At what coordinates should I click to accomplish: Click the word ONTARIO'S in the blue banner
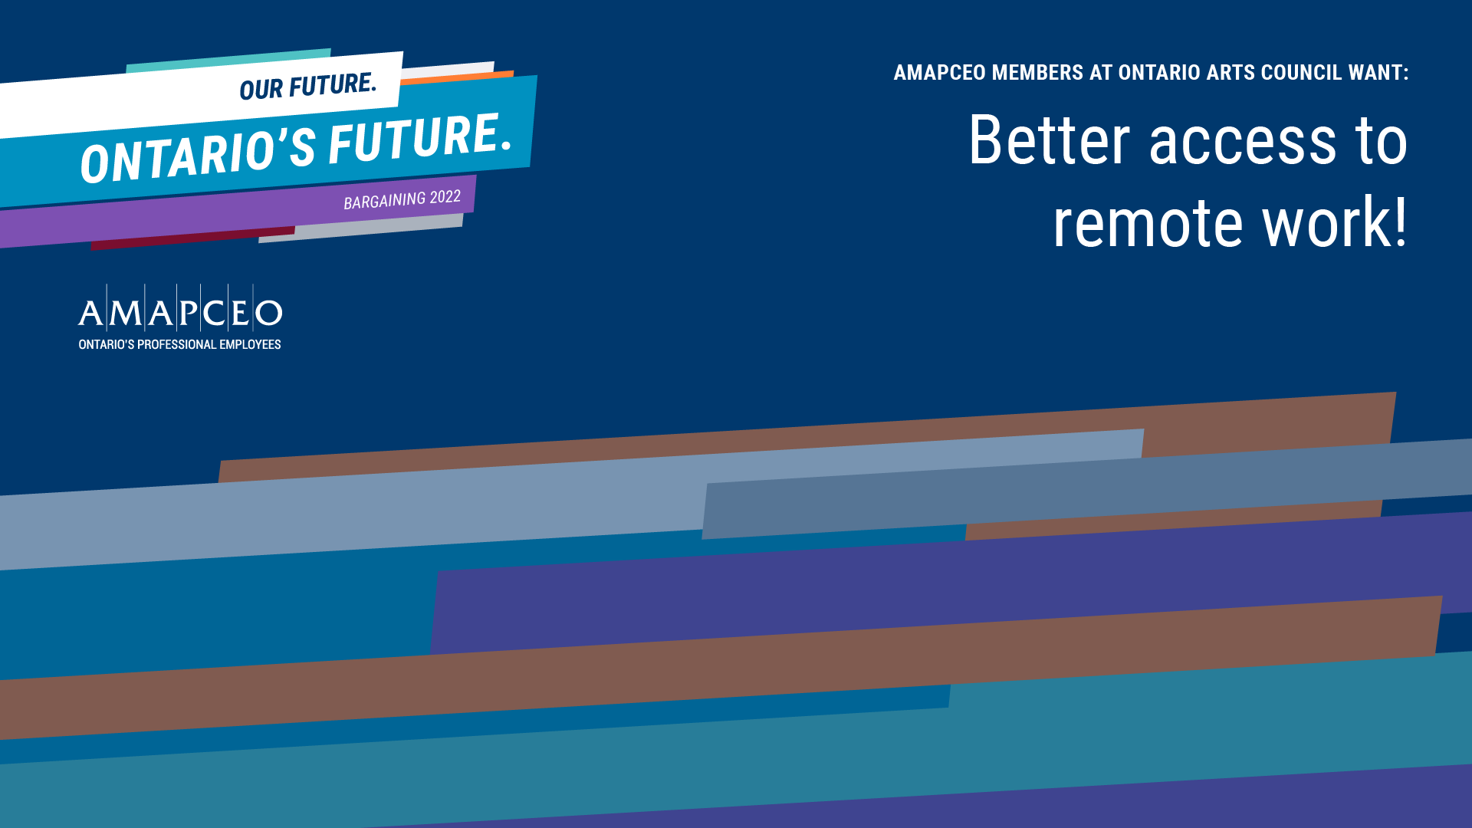(x=198, y=156)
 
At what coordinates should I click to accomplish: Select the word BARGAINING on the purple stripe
(x=384, y=201)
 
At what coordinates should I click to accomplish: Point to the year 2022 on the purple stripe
(x=445, y=197)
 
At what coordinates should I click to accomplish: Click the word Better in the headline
(x=1050, y=140)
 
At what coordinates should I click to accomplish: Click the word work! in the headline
(x=1335, y=222)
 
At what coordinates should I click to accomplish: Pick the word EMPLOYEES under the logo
(x=250, y=345)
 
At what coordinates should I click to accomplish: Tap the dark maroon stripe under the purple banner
(x=192, y=238)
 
